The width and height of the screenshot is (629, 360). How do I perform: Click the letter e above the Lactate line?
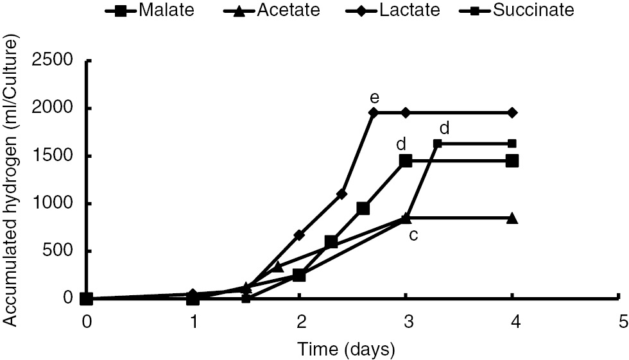pos(374,98)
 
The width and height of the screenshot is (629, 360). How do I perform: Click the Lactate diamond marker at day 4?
pos(512,112)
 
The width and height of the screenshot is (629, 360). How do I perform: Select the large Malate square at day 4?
pos(512,160)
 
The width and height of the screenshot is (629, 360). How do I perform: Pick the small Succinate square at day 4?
pos(512,143)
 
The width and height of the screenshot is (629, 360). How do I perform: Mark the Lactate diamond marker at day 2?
pos(299,235)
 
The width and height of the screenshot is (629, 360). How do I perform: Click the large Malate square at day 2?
pos(299,275)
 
